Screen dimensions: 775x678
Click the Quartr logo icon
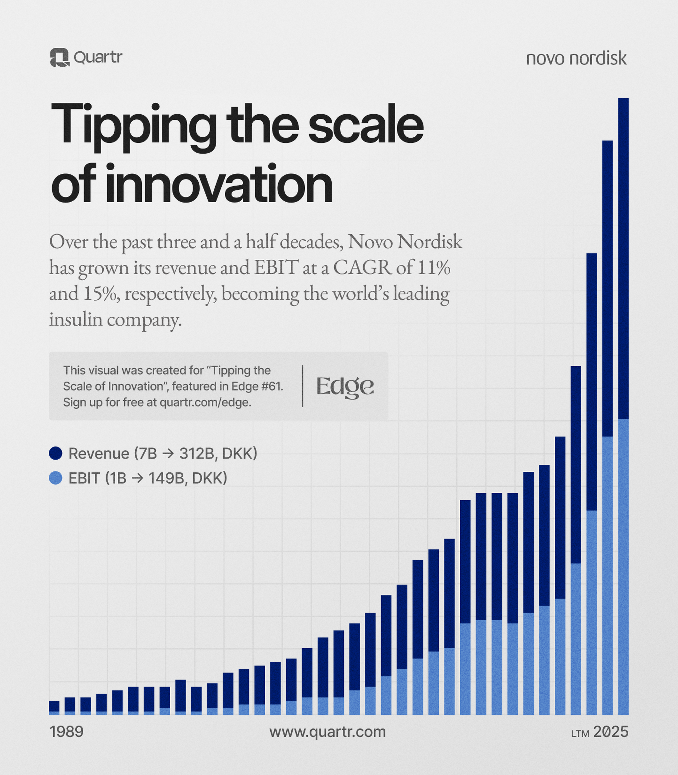coord(59,58)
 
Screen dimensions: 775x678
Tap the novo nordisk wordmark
coord(576,59)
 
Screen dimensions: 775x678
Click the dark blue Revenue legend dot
coord(56,453)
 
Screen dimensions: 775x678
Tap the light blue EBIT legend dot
coord(56,478)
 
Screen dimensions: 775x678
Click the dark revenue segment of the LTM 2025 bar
coord(623,257)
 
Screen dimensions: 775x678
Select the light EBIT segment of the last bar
coord(623,568)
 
